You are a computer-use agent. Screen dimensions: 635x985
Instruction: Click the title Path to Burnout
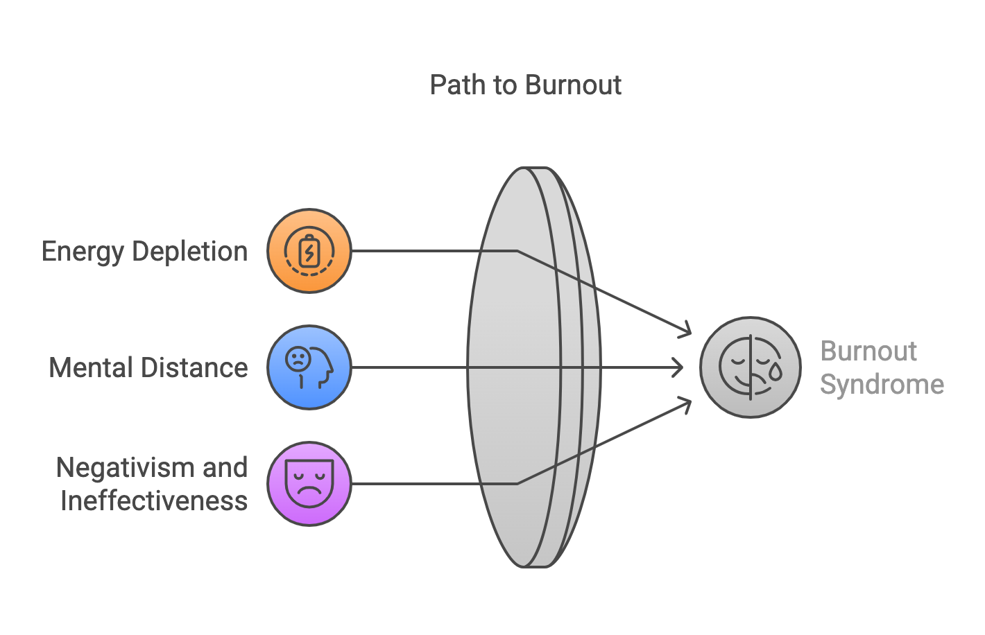tap(525, 85)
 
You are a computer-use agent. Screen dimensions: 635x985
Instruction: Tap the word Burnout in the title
tap(573, 85)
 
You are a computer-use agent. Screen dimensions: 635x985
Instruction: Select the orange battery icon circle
tap(309, 251)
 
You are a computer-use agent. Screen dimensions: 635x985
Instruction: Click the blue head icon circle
tap(309, 367)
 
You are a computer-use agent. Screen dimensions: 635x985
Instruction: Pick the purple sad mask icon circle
tap(309, 483)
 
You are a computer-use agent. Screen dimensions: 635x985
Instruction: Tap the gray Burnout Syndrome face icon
tap(750, 367)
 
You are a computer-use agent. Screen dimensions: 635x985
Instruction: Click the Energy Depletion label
tap(144, 251)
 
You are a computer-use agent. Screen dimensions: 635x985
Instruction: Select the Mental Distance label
tap(148, 367)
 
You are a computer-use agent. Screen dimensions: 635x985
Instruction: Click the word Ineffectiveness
tap(153, 501)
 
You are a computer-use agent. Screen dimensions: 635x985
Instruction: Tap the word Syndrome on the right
tap(882, 384)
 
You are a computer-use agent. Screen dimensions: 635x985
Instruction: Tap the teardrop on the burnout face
tap(775, 373)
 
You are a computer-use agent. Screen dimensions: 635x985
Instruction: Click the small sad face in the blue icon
tap(298, 359)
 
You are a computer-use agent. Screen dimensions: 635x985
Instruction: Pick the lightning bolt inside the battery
tap(309, 252)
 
